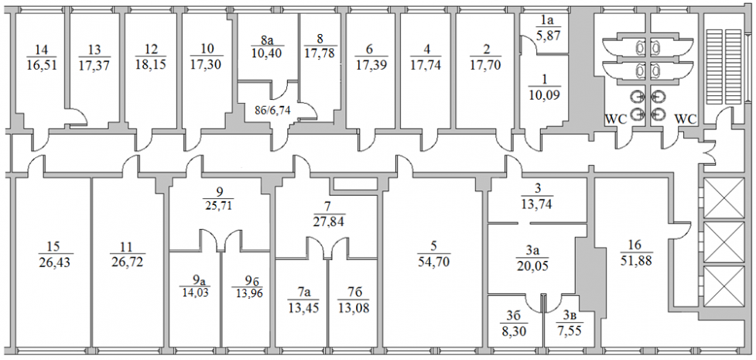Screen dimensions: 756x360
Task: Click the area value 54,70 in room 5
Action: pos(433,263)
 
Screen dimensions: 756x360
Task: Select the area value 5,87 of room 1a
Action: pos(548,36)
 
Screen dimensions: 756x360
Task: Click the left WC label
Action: pos(616,119)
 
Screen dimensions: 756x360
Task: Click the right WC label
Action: pos(686,119)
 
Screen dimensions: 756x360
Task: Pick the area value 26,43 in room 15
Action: pos(53,263)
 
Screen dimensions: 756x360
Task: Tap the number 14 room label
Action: pos(43,50)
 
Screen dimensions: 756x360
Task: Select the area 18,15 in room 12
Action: pos(152,65)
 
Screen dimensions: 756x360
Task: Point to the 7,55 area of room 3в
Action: pos(570,332)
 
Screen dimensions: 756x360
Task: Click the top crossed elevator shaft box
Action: pos(724,197)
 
